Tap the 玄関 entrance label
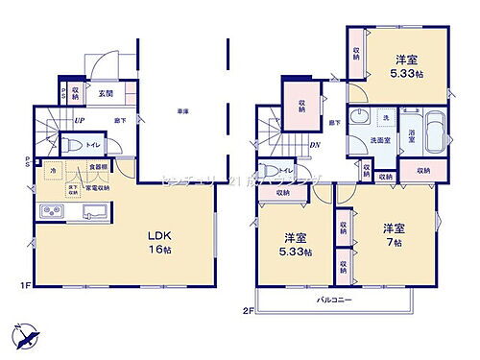[106, 93]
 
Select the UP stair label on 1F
[79, 121]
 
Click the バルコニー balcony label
[337, 300]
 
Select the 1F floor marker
[22, 285]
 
